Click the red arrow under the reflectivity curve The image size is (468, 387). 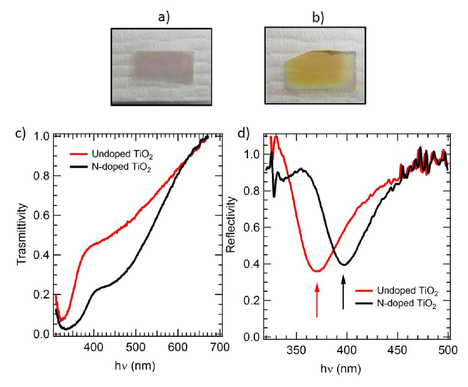pyautogui.click(x=318, y=299)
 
